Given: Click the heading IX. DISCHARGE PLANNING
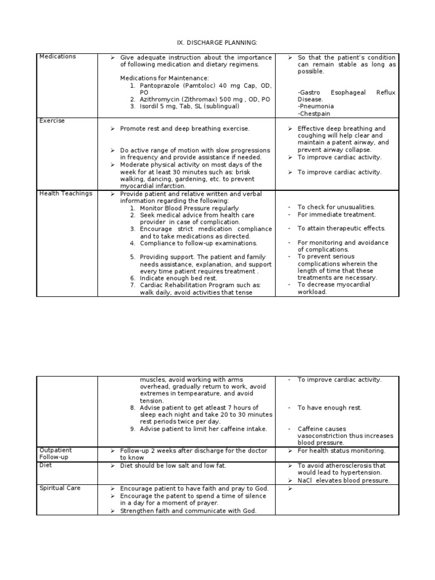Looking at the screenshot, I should click(217, 42).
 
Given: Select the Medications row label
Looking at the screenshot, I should click(57, 57).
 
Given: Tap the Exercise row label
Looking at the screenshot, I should click(52, 121).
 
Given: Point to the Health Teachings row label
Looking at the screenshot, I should click(66, 194).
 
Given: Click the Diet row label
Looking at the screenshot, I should click(45, 464).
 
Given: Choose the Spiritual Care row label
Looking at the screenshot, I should click(60, 488).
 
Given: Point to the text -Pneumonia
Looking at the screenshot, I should click(315, 106).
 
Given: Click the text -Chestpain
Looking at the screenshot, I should click(315, 113).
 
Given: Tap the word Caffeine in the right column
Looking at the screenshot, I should click(310, 429).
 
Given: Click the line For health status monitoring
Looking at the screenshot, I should click(341, 451).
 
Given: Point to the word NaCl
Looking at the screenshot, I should click(306, 480).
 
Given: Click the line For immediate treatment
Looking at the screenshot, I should click(336, 215).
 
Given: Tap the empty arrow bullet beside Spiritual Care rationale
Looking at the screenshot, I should click(289, 488).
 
